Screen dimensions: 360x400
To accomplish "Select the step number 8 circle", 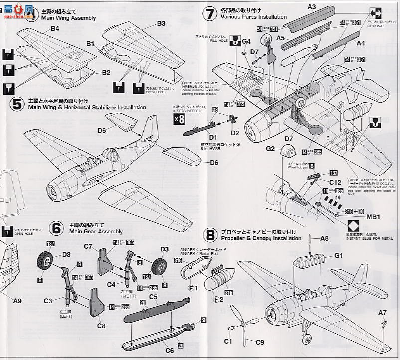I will [x=211, y=235].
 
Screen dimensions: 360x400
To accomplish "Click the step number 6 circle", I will [x=57, y=228].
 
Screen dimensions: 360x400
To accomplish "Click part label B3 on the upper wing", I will [x=161, y=23].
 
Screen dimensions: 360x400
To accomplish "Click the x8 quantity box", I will [x=179, y=119].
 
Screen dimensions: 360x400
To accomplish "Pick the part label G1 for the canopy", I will [x=339, y=255].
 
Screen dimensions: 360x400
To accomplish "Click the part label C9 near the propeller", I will [x=260, y=342].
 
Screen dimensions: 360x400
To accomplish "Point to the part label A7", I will [x=382, y=313].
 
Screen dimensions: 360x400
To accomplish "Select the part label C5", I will [x=153, y=297].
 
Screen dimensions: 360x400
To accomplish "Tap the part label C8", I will [x=101, y=326].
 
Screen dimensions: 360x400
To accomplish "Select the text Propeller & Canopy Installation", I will [x=261, y=238].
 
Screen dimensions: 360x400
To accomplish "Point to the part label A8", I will [x=324, y=239].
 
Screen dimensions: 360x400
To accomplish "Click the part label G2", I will [x=270, y=149].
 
